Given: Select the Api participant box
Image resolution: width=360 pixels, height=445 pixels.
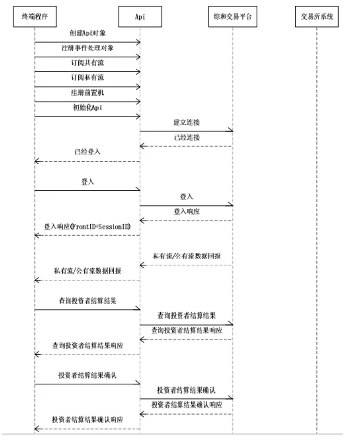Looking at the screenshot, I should (140, 17).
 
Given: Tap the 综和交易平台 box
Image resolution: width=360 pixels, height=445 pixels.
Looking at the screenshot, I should (232, 17).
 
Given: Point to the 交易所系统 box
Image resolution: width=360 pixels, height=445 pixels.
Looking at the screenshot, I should (317, 17).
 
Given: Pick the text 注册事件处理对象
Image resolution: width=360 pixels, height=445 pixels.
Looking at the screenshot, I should (88, 48).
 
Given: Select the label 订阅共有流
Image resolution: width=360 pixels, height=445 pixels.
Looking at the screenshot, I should (88, 63).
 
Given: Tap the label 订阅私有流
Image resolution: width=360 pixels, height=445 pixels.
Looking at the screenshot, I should (88, 77).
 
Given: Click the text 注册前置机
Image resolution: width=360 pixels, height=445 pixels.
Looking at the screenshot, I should (88, 93).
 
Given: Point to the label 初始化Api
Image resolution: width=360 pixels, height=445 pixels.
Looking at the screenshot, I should (88, 107).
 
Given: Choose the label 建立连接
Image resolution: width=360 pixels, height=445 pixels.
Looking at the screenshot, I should (186, 122).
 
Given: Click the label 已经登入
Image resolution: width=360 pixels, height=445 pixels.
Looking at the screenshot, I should (88, 152).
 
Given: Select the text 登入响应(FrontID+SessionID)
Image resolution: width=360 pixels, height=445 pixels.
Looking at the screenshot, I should (88, 227).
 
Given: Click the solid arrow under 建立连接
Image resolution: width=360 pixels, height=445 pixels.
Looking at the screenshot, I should (186, 131).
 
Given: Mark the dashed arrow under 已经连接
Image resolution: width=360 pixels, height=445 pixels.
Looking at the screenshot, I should (186, 146).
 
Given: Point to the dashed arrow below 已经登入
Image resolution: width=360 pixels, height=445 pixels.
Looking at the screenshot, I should (88, 161).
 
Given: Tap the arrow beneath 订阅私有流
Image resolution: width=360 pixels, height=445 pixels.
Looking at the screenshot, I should (88, 87).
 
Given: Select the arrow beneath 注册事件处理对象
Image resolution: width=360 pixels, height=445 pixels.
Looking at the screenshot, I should (88, 57).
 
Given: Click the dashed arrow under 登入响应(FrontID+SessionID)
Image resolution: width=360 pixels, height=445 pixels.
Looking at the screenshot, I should (88, 235).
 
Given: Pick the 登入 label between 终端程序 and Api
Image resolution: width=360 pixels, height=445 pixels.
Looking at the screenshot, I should (88, 182).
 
